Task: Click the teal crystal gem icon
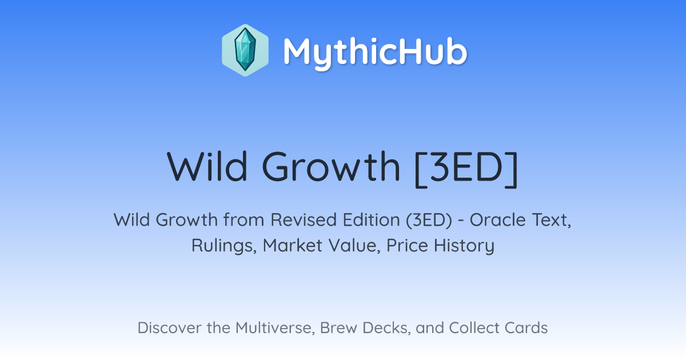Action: click(x=245, y=50)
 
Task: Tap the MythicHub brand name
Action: click(x=375, y=53)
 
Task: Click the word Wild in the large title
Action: click(x=207, y=167)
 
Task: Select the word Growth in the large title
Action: click(x=331, y=167)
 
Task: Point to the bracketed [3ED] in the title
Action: click(x=466, y=169)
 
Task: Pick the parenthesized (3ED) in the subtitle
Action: click(x=429, y=220)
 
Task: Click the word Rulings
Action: click(x=224, y=246)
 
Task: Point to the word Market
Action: click(x=293, y=246)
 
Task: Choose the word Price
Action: click(x=407, y=246)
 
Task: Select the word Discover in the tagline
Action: click(x=169, y=328)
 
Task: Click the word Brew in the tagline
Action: click(x=338, y=328)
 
